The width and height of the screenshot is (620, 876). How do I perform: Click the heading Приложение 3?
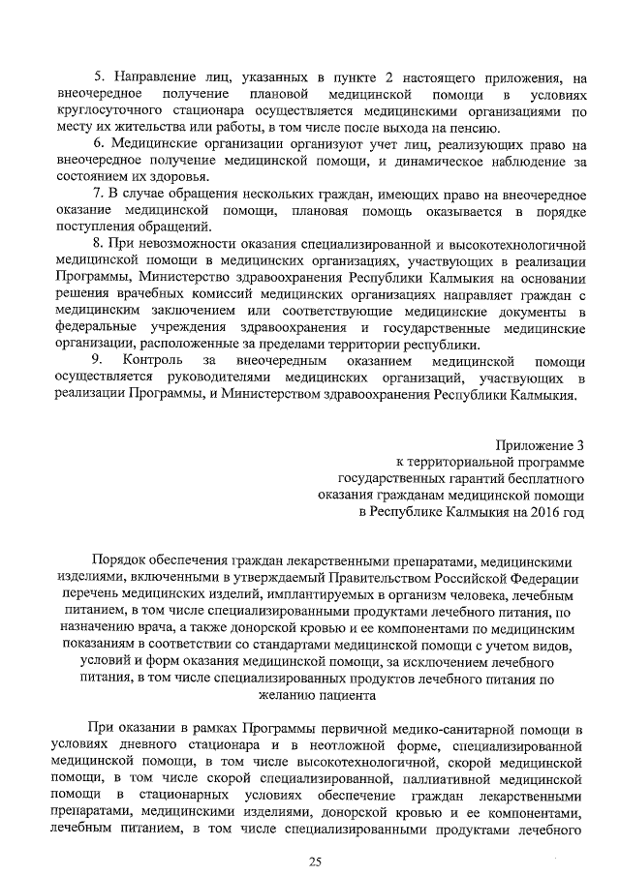[540, 444]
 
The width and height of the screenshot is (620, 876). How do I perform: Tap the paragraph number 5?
[99, 76]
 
